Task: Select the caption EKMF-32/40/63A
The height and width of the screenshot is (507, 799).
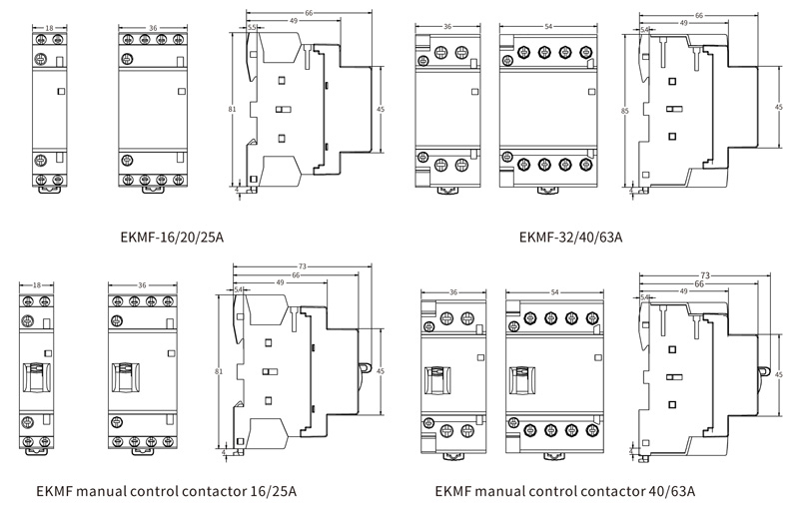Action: tap(570, 238)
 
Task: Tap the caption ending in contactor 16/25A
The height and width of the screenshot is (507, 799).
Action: tap(166, 491)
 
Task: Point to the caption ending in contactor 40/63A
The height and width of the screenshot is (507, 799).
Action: tap(565, 491)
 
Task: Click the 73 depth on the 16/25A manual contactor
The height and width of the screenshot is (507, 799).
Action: tap(303, 265)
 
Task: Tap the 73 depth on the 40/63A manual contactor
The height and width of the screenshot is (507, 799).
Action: tap(705, 273)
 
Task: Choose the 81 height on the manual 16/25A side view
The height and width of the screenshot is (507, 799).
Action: tap(219, 370)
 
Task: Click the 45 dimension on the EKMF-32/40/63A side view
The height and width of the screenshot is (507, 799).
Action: tap(779, 106)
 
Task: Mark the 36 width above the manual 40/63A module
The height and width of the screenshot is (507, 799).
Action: tap(453, 292)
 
